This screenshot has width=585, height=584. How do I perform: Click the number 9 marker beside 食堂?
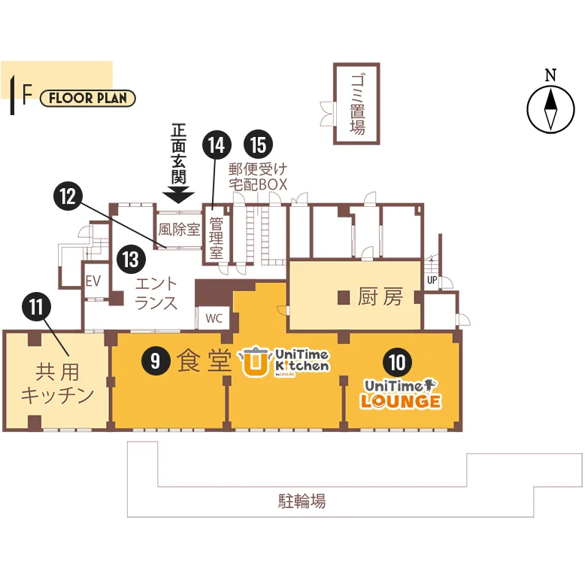(156, 360)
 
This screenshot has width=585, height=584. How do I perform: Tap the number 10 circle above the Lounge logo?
(397, 362)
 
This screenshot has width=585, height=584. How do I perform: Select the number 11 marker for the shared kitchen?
(36, 306)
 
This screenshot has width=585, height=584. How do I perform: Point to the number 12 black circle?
(68, 196)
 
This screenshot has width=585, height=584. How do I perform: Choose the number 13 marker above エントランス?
(131, 259)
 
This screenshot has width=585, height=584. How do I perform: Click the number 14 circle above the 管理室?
(217, 145)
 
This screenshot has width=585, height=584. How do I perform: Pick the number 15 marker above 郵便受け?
(258, 145)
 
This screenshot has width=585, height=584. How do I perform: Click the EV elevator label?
(93, 281)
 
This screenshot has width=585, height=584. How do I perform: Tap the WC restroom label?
(214, 318)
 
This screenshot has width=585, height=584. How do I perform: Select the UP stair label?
(432, 280)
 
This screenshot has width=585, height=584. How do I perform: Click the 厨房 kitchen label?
(380, 297)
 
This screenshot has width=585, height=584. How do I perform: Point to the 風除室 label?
(179, 230)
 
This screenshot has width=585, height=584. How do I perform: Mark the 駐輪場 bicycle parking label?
(302, 500)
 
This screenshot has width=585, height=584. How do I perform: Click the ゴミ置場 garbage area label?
(357, 104)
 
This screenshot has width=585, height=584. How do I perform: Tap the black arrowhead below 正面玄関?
(178, 195)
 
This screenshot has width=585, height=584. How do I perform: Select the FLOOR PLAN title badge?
(88, 98)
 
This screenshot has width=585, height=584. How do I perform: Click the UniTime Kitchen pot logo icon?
(255, 361)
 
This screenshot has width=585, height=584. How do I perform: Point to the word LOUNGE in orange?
(401, 401)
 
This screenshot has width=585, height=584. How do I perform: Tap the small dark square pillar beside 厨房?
(344, 297)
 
